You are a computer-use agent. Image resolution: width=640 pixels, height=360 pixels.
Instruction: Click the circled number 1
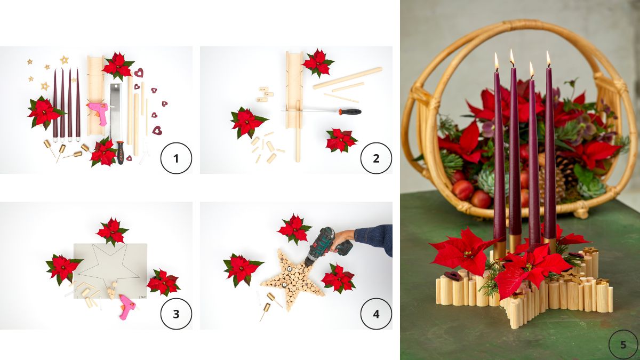coord(176,158)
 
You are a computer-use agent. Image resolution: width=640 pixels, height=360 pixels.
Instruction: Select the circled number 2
coord(376,158)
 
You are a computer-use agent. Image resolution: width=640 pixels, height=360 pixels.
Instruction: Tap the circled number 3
coord(176,314)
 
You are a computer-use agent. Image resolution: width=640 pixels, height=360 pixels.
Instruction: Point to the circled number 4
coord(376,314)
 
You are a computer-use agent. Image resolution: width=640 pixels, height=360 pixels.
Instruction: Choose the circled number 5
coord(623,345)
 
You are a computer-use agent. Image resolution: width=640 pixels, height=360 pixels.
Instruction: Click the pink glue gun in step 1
coord(99,111)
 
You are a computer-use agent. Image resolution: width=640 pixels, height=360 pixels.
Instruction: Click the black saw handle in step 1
coord(121,153)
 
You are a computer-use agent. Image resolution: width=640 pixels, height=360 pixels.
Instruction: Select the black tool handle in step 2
coord(350,111)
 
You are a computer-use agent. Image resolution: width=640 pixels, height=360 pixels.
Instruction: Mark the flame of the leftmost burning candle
coord(497,61)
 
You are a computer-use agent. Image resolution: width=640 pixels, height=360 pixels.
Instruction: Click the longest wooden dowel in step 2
coord(348,78)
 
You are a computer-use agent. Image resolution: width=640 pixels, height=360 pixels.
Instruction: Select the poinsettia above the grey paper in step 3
coord(112,231)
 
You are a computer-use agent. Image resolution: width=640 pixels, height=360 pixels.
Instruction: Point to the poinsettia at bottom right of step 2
coord(341,140)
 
